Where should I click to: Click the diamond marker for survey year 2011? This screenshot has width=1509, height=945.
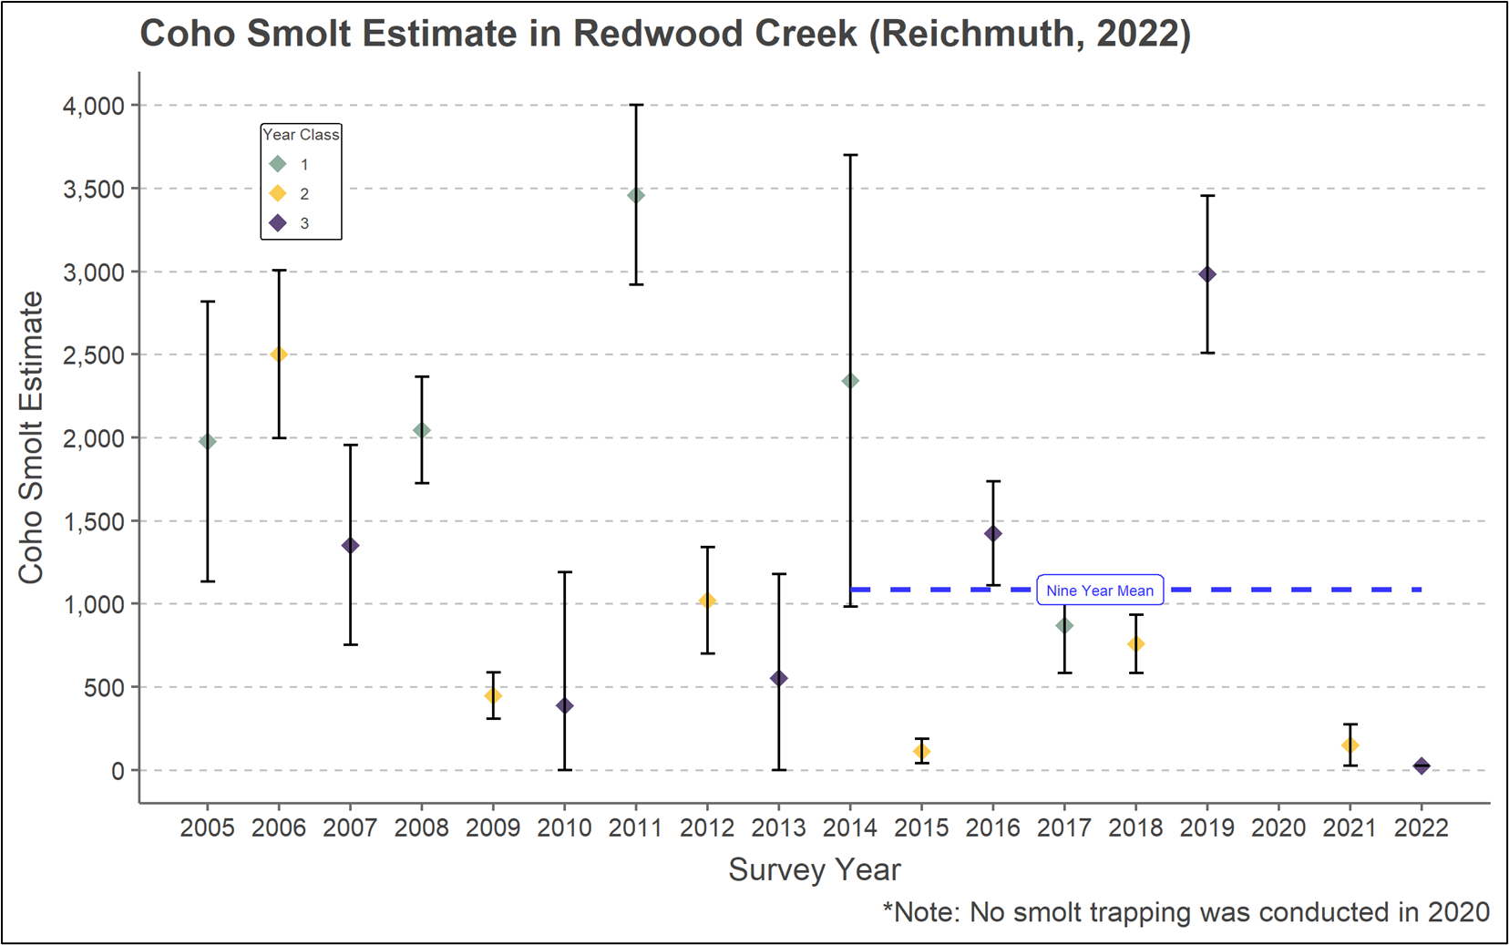tap(635, 195)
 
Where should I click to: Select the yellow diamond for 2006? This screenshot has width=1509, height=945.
tap(279, 354)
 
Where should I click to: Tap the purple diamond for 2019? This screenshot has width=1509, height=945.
tap(1207, 274)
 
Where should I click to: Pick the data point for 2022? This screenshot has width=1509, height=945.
tap(1422, 766)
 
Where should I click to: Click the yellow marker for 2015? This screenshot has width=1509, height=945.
tap(921, 752)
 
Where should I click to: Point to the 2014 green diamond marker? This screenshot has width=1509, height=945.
tap(850, 381)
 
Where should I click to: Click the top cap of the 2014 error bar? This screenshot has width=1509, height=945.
tap(850, 155)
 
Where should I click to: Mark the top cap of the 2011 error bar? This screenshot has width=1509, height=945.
tap(635, 105)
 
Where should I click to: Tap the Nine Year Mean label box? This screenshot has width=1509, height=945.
tap(1100, 591)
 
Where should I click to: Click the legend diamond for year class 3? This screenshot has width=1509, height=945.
tap(279, 223)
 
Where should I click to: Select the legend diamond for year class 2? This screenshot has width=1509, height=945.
tap(279, 193)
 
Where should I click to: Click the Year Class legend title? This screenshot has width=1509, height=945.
tap(301, 135)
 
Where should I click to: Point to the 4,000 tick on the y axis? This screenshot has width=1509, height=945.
tap(93, 106)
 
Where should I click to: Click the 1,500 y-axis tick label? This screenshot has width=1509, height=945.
tap(93, 521)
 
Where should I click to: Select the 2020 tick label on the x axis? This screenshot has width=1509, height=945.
tap(1278, 827)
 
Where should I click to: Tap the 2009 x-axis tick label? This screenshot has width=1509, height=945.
tap(493, 827)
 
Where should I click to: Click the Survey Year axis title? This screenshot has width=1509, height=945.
tap(814, 869)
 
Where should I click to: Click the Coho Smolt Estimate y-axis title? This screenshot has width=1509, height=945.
tap(32, 437)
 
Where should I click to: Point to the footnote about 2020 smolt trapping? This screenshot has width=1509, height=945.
tap(1186, 912)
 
